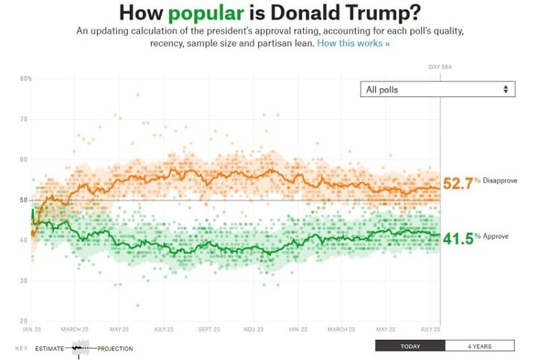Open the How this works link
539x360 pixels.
[353, 44]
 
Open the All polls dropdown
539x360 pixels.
[438, 89]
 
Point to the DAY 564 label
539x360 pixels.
[440, 67]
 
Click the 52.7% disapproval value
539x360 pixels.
[461, 183]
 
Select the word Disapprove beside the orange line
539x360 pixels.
[500, 180]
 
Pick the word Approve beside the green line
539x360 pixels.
[496, 236]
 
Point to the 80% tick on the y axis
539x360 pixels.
[26, 78]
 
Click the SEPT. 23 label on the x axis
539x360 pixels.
[208, 329]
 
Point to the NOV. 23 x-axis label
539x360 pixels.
[253, 329]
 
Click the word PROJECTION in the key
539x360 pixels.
[116, 349]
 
